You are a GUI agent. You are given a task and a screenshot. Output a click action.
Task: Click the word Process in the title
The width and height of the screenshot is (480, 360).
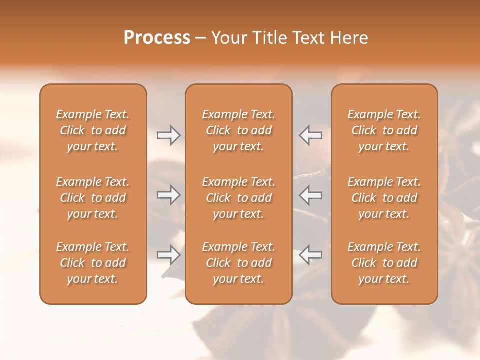coord(157,38)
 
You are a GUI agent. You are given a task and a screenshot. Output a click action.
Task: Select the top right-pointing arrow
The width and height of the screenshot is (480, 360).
coord(168,135)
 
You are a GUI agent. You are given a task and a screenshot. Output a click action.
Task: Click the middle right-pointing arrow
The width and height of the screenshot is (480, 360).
coord(168,195)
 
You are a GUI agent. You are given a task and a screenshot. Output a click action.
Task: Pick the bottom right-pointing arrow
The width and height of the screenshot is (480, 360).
coord(168,255)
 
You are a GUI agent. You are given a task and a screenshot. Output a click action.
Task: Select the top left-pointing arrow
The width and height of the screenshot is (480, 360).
coord(311,135)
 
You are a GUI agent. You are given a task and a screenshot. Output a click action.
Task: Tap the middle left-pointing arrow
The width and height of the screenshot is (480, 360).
coord(311,195)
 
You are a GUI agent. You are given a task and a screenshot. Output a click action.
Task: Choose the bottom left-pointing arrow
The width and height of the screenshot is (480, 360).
coord(311,255)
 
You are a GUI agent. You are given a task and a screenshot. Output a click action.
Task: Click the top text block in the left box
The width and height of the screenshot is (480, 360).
coord(93,130)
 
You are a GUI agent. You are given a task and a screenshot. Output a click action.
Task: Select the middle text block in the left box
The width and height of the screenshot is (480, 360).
coord(93,198)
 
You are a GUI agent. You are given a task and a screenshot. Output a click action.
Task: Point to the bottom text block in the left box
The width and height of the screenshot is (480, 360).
coord(93,263)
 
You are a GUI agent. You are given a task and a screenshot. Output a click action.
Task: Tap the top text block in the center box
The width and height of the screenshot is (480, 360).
coord(239,130)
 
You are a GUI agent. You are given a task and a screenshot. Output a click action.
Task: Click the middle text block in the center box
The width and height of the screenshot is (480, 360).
coord(239,198)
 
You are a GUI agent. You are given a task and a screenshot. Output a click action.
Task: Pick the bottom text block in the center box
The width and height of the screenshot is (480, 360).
coord(239,263)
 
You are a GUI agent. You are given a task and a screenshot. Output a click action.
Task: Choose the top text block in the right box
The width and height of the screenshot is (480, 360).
coord(384,130)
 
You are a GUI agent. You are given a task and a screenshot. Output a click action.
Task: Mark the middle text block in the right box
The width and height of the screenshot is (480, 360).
coord(384,198)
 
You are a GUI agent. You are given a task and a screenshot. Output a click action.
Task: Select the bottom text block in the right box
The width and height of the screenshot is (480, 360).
coord(384,263)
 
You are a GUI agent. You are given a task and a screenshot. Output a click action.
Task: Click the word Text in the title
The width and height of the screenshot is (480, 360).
coord(306,38)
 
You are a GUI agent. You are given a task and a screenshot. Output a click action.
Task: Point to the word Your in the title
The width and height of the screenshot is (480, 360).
coord(229,38)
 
